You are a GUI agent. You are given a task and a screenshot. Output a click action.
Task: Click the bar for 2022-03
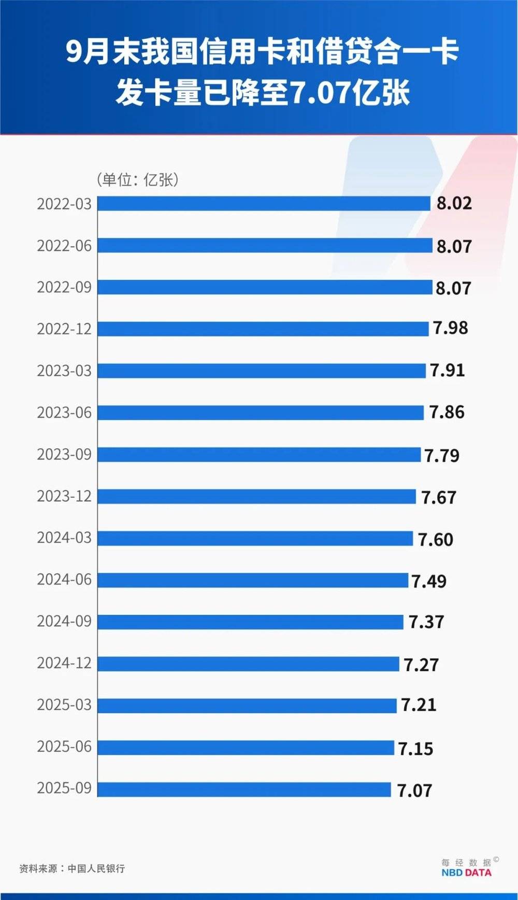coord(264,203)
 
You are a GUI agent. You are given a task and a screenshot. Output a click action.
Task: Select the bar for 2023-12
coord(256,496)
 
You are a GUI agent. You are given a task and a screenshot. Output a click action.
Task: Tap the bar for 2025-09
coord(244,789)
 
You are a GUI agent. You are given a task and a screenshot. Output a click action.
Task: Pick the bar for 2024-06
coord(253,580)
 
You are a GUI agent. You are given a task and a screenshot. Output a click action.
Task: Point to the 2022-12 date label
coord(64,329)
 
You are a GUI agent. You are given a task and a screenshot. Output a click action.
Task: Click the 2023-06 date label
coord(64,412)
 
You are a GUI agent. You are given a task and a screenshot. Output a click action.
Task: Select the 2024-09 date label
coord(64,621)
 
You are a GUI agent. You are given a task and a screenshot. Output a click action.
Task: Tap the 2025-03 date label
coord(64,705)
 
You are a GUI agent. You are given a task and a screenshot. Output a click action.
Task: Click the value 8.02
coord(454,203)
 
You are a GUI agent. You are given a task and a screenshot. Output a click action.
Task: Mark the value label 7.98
coord(450,328)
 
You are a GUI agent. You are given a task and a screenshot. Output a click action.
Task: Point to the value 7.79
coord(442,455)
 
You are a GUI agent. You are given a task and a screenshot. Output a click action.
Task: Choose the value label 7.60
coord(435,539)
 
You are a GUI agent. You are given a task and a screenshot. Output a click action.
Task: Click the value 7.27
coord(421,664)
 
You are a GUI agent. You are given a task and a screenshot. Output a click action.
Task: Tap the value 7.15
coord(415,748)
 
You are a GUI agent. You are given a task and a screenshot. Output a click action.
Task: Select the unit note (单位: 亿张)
coord(137,179)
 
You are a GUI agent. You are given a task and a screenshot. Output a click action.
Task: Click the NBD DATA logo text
coord(466,872)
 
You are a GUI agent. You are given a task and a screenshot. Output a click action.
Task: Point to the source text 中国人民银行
coord(96,868)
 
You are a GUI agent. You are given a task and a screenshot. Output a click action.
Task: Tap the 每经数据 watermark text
coord(466,862)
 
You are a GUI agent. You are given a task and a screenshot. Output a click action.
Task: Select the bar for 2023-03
coord(262,371)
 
